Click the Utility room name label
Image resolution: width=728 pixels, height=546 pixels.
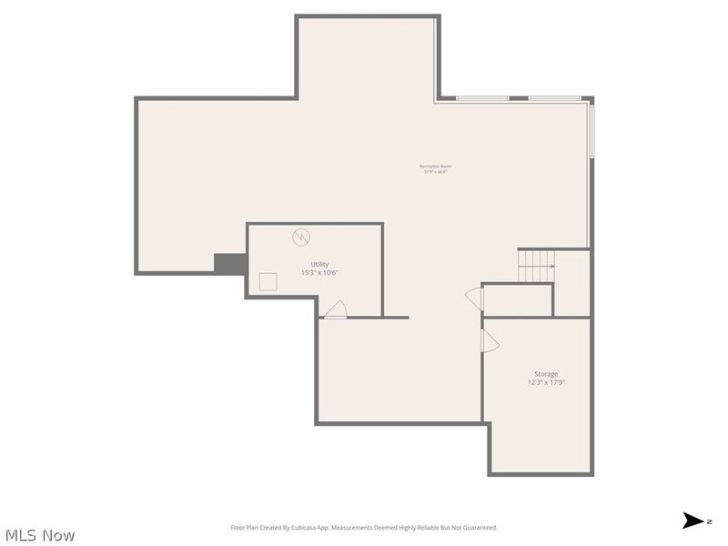319,264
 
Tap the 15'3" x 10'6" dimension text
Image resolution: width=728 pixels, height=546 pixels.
319,273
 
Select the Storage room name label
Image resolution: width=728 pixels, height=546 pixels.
546,374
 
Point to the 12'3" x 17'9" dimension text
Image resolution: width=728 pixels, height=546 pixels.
546,383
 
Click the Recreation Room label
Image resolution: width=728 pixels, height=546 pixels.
435,167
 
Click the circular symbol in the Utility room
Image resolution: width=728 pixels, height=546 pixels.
299,238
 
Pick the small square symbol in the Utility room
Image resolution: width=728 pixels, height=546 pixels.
268,281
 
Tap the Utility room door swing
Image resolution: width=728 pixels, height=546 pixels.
335,309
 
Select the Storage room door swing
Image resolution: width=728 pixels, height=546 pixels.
490,340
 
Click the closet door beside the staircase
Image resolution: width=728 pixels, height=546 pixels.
474,298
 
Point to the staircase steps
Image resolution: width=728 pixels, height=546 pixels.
535,265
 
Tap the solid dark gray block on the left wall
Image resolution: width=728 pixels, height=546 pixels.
229,263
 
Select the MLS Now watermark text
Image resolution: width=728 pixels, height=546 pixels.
39,535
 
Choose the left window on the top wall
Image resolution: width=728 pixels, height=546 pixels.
481,98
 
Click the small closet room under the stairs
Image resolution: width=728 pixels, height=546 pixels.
517,299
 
